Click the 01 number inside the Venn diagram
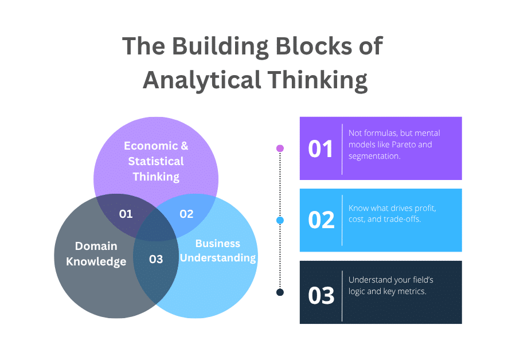tap(126, 214)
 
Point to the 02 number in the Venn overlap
tap(186, 214)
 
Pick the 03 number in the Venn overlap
tap(156, 259)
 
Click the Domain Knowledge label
tap(96, 253)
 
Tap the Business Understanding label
tap(218, 251)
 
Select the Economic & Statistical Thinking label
tap(156, 161)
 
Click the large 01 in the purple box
tap(321, 149)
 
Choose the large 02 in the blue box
tap(321, 220)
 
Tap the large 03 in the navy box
tap(321, 296)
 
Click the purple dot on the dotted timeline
tap(280, 148)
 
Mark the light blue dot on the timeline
tap(280, 220)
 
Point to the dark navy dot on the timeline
tap(280, 292)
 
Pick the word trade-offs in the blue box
tap(401, 220)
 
